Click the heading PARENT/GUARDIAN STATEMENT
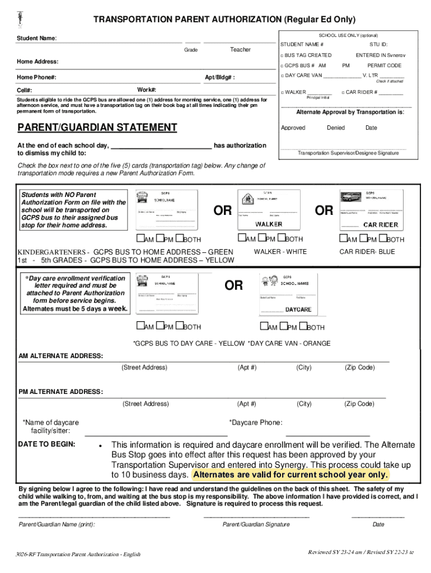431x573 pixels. tap(97, 128)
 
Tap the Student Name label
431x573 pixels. tap(36, 39)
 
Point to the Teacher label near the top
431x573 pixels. tap(240, 50)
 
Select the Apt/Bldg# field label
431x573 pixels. tap(220, 77)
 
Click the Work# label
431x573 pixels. tap(147, 90)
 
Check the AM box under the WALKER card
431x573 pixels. tap(250, 239)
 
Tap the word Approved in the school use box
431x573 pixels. tap(293, 128)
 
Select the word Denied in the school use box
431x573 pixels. tap(336, 128)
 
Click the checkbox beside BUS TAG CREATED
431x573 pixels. tap(282, 55)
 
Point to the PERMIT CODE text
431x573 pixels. tap(384, 65)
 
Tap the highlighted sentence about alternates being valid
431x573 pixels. tap(290, 475)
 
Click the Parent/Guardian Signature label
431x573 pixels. tap(256, 524)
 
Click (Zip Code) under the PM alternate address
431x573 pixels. tap(359, 403)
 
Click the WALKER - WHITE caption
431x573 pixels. tap(280, 252)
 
